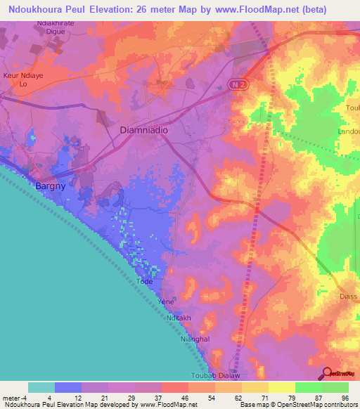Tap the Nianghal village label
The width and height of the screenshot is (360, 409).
[x=195, y=338]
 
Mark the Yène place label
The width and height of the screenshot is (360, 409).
[x=166, y=301]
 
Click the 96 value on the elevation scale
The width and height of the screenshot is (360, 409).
[x=344, y=398]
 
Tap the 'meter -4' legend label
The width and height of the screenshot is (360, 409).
[x=14, y=398]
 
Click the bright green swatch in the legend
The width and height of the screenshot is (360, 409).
[x=309, y=387]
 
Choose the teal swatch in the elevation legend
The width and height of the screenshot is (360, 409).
[x=41, y=387]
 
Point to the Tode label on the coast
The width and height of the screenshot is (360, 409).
[x=144, y=281]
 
